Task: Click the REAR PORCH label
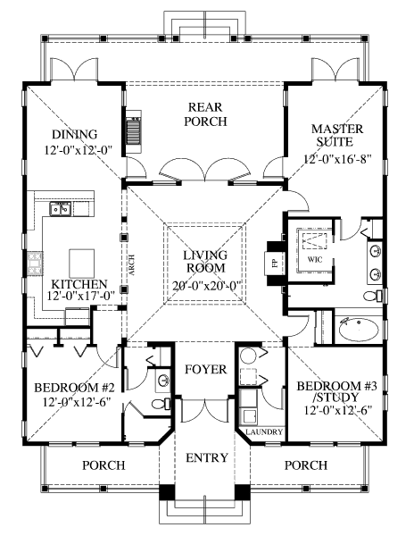(205, 114)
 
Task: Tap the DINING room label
(74, 134)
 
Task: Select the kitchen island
(82, 264)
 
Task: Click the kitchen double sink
(60, 209)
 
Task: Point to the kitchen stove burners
(35, 264)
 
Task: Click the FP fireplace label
(275, 264)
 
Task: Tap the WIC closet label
(315, 259)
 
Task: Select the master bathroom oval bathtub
(359, 330)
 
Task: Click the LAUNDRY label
(264, 431)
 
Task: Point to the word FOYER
(206, 369)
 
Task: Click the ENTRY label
(207, 457)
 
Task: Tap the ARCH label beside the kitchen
(131, 265)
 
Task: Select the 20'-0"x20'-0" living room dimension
(207, 285)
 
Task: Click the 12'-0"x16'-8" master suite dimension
(337, 159)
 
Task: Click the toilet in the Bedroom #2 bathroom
(161, 404)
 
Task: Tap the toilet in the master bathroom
(373, 296)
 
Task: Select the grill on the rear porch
(133, 131)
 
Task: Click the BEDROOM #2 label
(74, 388)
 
